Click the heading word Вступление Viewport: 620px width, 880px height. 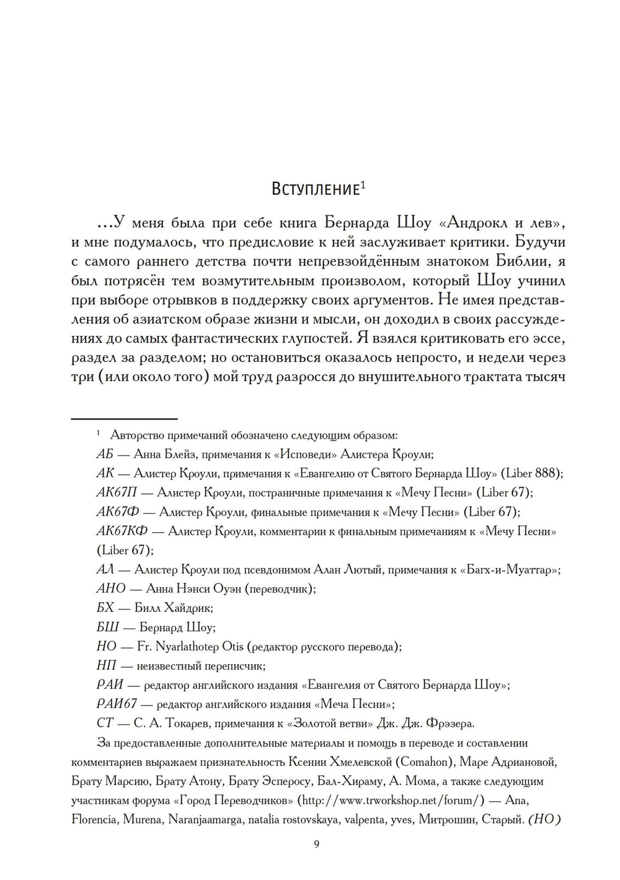[x=316, y=189]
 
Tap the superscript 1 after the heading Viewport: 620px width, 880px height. [x=363, y=184]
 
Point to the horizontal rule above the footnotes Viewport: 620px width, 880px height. [x=125, y=419]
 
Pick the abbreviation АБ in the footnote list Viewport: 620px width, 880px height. [x=105, y=454]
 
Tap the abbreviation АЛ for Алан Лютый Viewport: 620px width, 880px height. [x=105, y=570]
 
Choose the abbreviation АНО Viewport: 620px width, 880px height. [x=111, y=588]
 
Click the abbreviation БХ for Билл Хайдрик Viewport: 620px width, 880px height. [x=105, y=608]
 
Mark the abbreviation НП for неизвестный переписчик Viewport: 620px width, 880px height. [x=106, y=666]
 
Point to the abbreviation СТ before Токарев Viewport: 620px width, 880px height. [x=105, y=724]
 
